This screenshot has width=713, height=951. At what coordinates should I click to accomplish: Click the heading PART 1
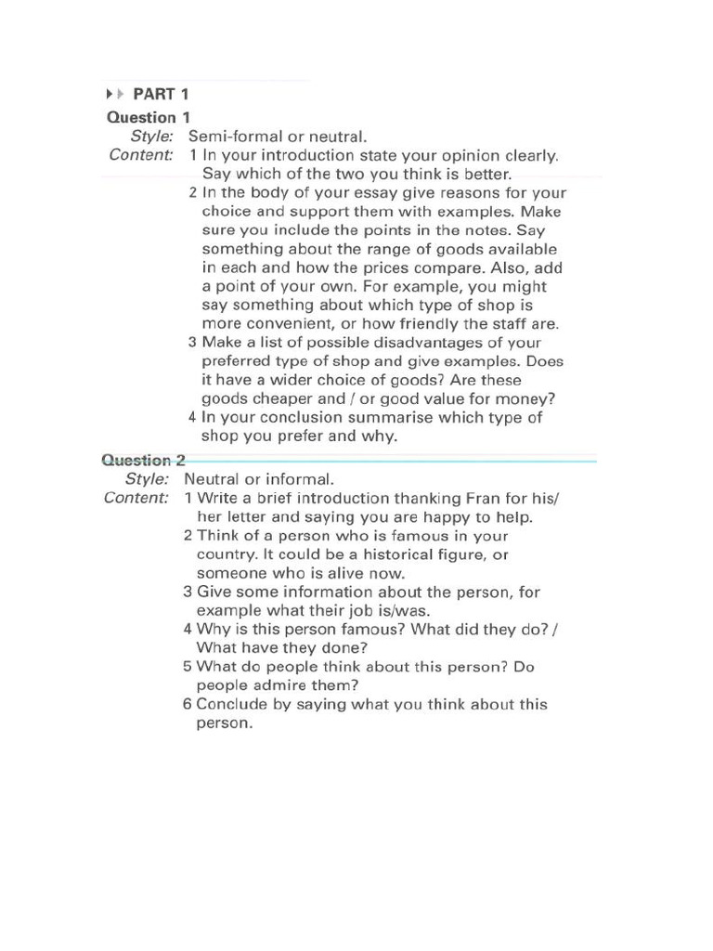pos(162,94)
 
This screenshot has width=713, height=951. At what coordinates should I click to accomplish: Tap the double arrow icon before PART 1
pos(114,94)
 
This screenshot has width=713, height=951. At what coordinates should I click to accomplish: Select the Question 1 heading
pos(149,117)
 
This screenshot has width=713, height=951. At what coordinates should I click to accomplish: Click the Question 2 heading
pos(144,460)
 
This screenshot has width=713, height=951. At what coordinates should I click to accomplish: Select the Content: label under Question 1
pos(141,155)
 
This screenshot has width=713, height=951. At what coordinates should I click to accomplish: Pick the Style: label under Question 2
pos(147,479)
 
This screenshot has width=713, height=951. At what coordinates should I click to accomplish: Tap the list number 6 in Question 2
pos(188,704)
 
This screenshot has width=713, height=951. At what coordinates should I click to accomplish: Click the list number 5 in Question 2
pos(188,667)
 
